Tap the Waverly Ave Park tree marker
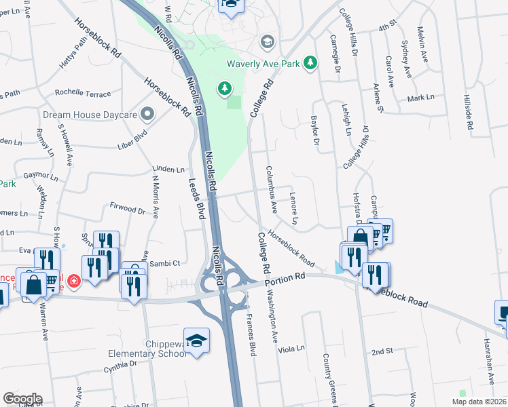311,62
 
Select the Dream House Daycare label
90,115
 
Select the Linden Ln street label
169,170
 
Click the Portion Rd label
286,278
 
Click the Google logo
22,399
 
